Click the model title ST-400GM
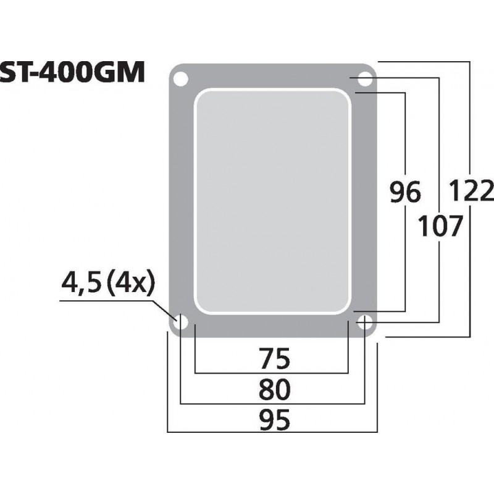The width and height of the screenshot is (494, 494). [72, 73]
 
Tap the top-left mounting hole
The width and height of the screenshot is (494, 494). [181, 79]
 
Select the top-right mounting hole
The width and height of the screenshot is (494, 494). [365, 79]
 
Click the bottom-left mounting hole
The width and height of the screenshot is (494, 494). [181, 322]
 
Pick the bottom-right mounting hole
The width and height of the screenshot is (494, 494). [365, 322]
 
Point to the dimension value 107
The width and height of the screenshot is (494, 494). [440, 227]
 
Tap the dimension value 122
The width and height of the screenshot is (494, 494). [471, 191]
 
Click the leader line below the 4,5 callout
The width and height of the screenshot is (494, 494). [111, 301]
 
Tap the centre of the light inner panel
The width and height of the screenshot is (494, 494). [272, 200]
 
